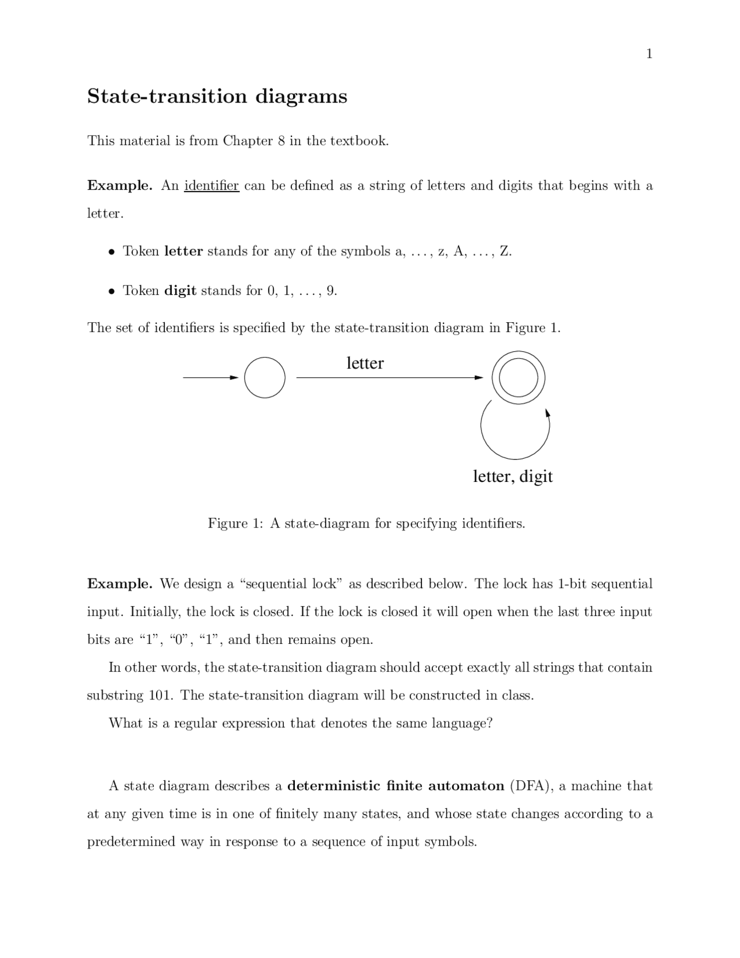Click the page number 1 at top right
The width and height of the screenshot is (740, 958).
[649, 54]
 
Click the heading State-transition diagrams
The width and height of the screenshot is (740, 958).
[217, 96]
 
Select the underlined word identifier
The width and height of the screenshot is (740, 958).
[212, 186]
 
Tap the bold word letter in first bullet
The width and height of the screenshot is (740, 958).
[183, 251]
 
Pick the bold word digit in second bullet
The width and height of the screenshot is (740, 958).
[180, 290]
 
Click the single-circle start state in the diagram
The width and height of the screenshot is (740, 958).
[265, 378]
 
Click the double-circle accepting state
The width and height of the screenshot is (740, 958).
[518, 378]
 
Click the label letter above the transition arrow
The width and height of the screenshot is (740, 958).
[365, 363]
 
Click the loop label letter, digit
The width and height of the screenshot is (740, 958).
[513, 476]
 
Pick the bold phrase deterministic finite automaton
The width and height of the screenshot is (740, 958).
[395, 786]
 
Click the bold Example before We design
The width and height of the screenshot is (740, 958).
[119, 584]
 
